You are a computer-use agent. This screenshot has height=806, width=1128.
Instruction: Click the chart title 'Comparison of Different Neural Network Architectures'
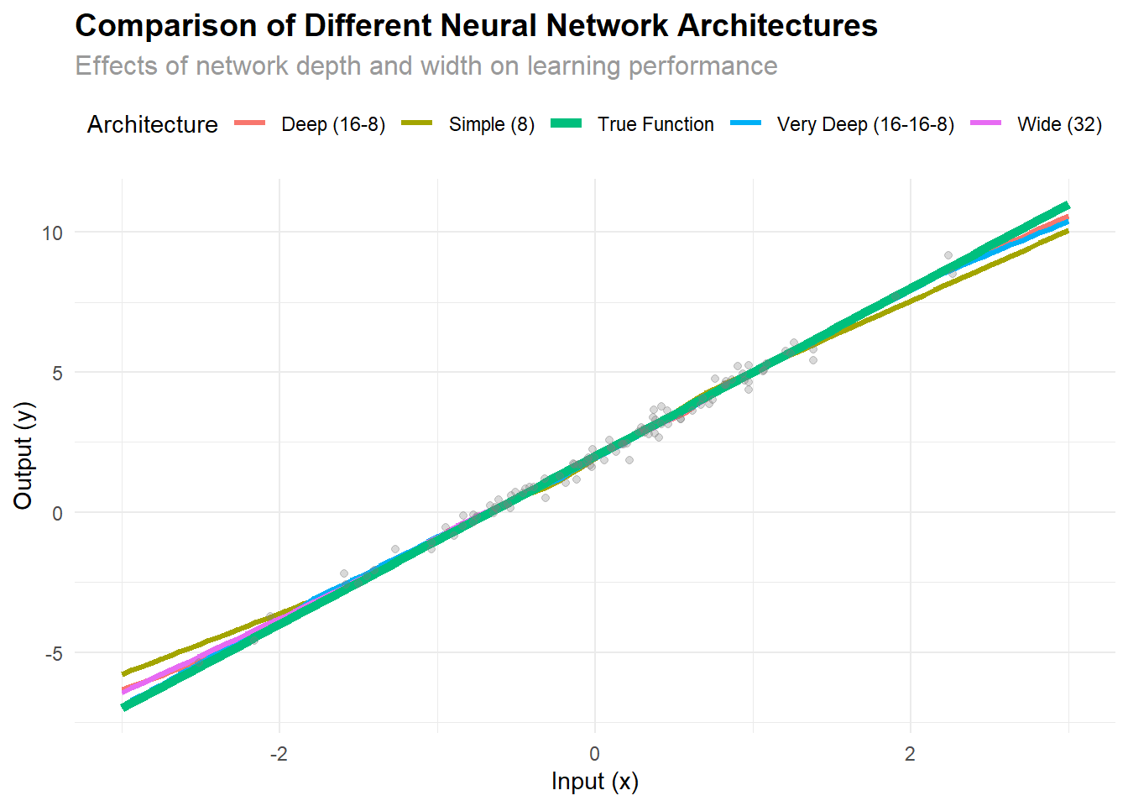pos(476,26)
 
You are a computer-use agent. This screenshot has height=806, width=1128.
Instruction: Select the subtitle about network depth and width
pos(426,65)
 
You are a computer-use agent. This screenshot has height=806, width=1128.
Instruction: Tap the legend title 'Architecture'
pos(152,124)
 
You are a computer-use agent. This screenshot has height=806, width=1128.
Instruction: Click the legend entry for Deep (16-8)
pos(333,124)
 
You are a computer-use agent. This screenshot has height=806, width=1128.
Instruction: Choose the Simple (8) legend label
pos(491,124)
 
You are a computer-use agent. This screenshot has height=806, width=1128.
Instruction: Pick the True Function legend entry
pos(655,124)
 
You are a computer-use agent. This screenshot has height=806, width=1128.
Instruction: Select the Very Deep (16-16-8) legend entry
pos(865,124)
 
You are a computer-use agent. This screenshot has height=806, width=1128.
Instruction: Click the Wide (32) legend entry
pos(1059,124)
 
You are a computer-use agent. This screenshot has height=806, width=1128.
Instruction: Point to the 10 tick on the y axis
pos(53,233)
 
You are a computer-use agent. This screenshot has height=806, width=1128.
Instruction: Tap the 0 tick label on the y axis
pos(57,513)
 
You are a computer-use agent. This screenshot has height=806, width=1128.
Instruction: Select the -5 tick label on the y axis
pos(53,653)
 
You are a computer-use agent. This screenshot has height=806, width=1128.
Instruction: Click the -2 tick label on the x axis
pos(279,753)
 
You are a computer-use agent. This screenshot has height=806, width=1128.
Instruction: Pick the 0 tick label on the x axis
pos(595,753)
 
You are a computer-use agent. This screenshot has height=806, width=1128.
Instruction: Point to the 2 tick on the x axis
pos(910,753)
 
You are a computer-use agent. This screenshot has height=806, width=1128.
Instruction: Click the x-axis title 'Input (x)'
pos(594,782)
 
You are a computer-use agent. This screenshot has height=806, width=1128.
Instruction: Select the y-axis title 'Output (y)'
pos(23,456)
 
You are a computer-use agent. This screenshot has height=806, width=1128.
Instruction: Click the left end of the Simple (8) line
pos(123,673)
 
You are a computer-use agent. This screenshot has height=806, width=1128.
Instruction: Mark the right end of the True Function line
pos(1067,205)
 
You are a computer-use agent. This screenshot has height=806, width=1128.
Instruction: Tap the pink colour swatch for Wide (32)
pos(986,123)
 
